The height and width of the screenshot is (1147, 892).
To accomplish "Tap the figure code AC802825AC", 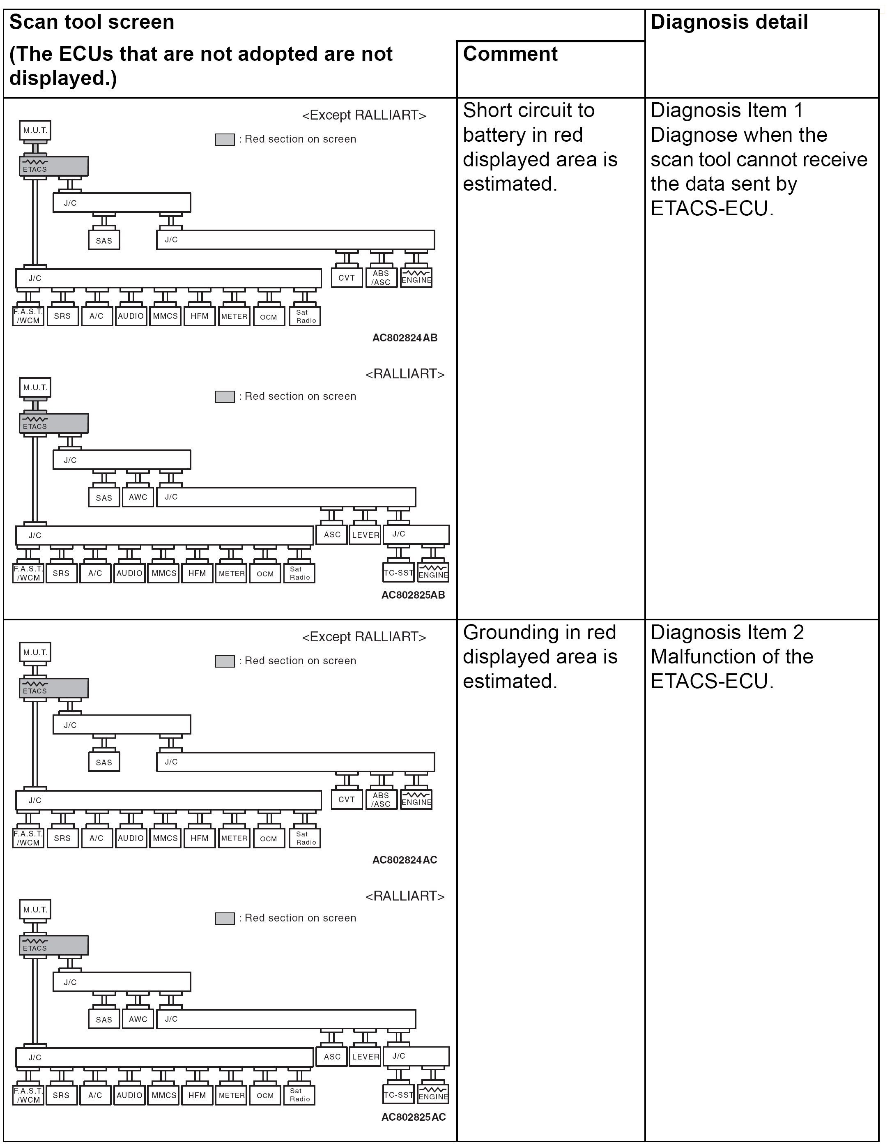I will click(x=413, y=1117).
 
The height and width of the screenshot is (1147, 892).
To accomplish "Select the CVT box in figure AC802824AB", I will click(x=347, y=278).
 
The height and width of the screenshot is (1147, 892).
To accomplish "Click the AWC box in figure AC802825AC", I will click(x=138, y=1019).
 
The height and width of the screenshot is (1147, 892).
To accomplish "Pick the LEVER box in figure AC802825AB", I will click(x=366, y=534).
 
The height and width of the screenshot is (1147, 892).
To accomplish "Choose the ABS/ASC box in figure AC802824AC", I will click(x=381, y=800).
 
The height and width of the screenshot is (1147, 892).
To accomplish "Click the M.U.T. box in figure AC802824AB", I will click(x=35, y=130).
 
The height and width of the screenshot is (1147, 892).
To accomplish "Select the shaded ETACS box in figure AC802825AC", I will click(x=54, y=945).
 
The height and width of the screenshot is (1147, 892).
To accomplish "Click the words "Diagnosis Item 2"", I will click(x=727, y=632).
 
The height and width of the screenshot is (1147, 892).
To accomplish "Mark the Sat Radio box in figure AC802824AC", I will click(x=305, y=838).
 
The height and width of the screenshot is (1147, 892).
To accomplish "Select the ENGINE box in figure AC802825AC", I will click(x=433, y=1094).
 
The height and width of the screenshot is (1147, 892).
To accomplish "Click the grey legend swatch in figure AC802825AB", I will click(x=225, y=396).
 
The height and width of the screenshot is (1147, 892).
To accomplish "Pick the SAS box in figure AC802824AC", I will click(x=104, y=762).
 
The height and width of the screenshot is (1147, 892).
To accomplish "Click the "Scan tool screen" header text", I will click(x=92, y=22).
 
